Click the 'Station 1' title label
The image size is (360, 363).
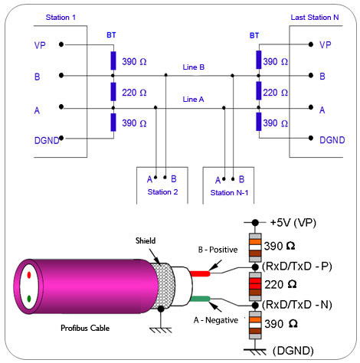61,18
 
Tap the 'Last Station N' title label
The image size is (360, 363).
315,18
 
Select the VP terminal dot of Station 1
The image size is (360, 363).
61,44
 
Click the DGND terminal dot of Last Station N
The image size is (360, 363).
311,138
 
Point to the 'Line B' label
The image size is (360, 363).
194,67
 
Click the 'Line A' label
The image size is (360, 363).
193,100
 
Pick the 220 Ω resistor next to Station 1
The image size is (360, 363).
113,91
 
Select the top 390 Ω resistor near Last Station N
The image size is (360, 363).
259,60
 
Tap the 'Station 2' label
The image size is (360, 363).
162,192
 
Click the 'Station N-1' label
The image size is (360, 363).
229,193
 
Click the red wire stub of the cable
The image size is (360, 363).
200,273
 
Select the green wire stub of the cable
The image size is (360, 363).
200,299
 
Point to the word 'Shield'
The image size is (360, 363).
146,240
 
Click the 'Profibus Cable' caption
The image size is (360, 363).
85,328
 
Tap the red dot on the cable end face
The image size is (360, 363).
29,275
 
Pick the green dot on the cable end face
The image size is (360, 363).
29,299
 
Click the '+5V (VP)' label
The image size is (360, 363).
293,223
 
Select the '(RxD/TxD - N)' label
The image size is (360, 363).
297,305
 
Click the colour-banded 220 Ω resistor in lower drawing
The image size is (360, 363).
255,286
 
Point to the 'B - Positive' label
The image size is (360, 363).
218,250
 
